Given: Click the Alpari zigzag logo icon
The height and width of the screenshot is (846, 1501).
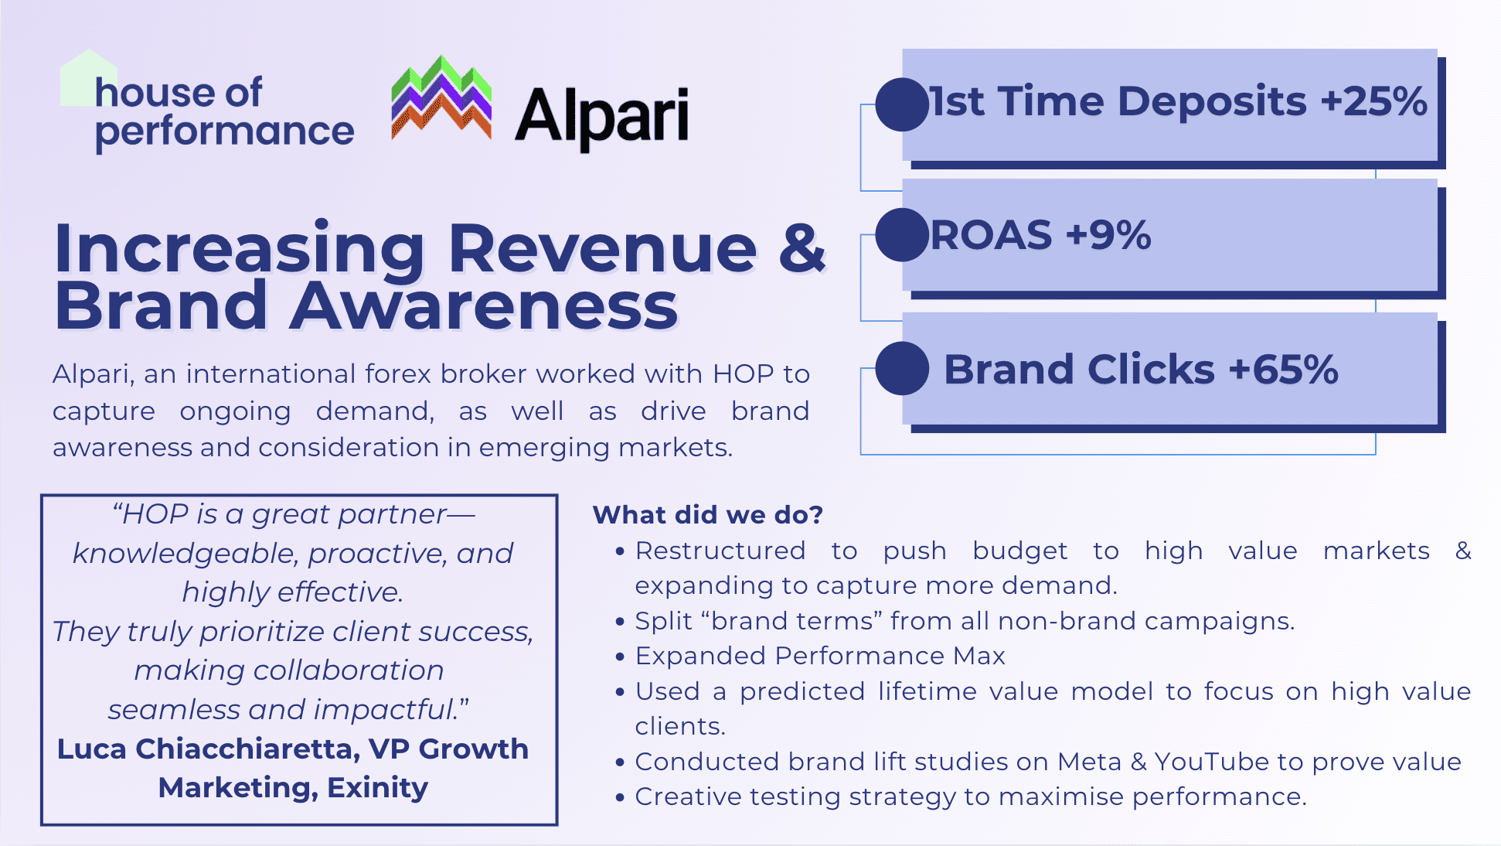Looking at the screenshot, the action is (x=441, y=98).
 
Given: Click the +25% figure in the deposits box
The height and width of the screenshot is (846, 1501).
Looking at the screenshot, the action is (x=1373, y=101).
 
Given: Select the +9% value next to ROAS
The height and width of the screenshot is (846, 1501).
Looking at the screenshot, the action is (x=1108, y=235).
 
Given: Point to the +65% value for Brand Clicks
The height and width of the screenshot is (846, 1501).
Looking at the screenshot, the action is (x=1283, y=369).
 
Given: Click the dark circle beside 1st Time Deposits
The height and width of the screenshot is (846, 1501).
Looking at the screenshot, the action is (x=902, y=104).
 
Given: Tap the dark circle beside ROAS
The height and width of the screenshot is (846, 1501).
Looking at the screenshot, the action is (x=902, y=234).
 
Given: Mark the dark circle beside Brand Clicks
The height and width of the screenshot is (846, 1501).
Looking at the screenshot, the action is (x=902, y=368).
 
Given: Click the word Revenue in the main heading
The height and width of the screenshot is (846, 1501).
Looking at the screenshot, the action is (x=602, y=248).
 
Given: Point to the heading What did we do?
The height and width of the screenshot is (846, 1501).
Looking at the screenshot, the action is (x=708, y=514).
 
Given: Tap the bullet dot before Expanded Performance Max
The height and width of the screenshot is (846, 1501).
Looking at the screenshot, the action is (x=620, y=657).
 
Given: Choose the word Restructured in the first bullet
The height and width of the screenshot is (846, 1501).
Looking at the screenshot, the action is (x=720, y=551).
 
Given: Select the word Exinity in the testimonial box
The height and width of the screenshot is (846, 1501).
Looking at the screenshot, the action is (x=377, y=787).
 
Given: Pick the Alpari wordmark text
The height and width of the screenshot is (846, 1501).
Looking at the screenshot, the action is (x=602, y=116).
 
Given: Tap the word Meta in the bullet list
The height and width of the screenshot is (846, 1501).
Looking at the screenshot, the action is (x=1090, y=762).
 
